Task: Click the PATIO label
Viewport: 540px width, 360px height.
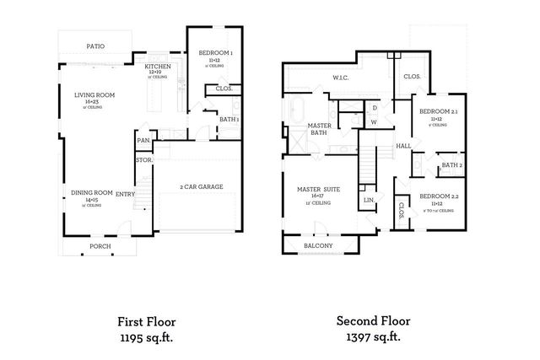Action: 95,46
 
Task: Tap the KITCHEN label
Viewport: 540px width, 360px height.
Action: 159,67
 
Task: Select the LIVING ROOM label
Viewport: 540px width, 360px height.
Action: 94,95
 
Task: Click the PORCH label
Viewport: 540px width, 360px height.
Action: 100,247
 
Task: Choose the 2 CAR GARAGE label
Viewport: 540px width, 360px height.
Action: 202,186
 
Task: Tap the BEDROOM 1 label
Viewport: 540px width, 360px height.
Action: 215,54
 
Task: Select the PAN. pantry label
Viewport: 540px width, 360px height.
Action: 144,140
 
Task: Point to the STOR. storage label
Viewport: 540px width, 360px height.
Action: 144,159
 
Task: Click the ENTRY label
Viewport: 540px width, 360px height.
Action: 125,194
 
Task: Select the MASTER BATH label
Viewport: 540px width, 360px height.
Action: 318,128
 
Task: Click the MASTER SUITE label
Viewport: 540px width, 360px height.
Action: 319,190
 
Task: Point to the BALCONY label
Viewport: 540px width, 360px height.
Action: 318,245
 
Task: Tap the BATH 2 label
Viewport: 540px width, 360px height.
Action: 451,165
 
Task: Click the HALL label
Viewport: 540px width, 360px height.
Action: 403,146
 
